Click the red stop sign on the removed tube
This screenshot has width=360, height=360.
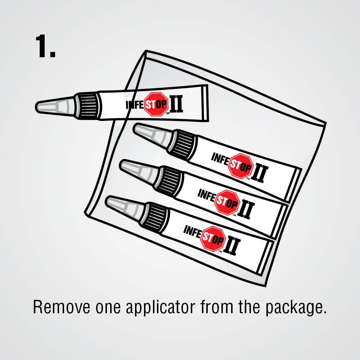coord(157,104)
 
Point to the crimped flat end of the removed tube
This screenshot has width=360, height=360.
coord(205,103)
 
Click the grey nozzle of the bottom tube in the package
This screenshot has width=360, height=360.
coord(126,206)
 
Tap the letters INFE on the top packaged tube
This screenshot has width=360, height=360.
coord(220,159)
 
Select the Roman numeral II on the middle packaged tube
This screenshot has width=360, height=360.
coord(246,210)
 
